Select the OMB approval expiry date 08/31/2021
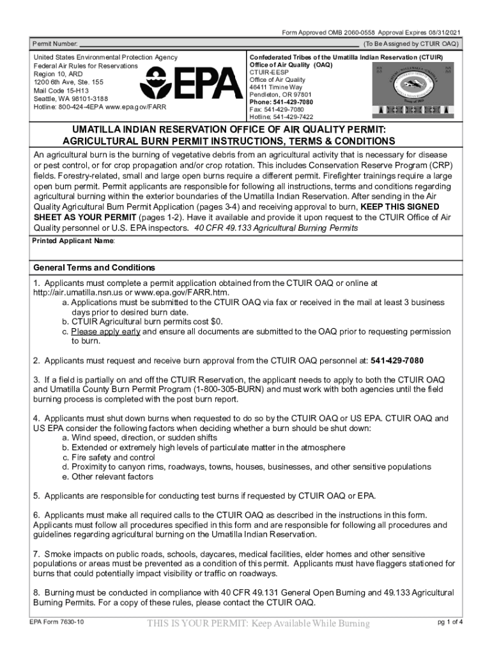point(441,33)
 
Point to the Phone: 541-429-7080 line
point(281,102)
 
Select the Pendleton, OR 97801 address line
point(281,94)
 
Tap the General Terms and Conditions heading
point(94,267)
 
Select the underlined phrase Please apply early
point(105,332)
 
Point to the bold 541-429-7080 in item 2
point(397,360)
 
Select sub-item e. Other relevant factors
point(107,477)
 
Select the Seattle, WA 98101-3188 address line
point(70,99)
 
